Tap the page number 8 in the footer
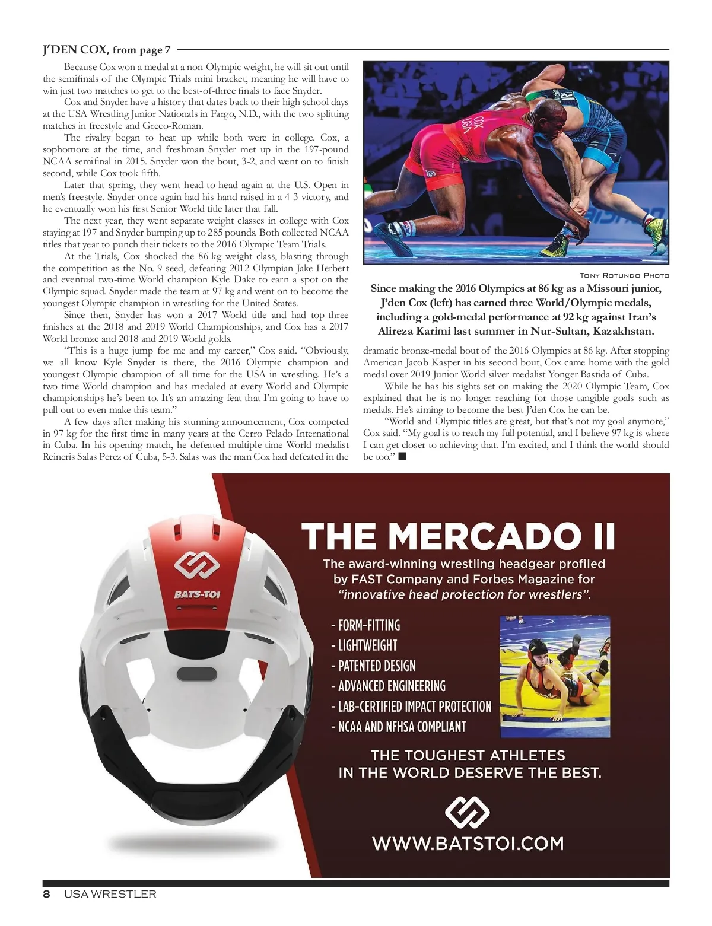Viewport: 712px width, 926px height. (x=46, y=894)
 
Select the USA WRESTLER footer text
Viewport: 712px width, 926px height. (x=110, y=894)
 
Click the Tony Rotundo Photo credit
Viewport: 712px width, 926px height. (x=624, y=275)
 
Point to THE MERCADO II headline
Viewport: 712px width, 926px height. (x=458, y=536)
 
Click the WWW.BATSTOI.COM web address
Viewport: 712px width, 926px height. (x=468, y=843)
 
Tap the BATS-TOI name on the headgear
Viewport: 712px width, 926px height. (x=197, y=594)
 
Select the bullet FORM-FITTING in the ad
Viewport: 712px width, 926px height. (x=365, y=625)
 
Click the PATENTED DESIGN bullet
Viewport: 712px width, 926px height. (x=374, y=666)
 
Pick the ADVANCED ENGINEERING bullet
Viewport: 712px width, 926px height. (x=388, y=686)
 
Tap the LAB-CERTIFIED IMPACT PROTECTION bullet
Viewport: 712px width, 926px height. (x=411, y=707)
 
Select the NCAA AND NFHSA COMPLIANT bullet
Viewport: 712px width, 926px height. (x=399, y=727)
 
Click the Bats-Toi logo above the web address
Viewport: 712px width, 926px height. (x=468, y=811)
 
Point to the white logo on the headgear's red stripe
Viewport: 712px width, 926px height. (x=197, y=566)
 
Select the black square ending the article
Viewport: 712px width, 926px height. (x=402, y=456)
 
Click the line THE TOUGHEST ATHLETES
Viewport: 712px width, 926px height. (x=468, y=755)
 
